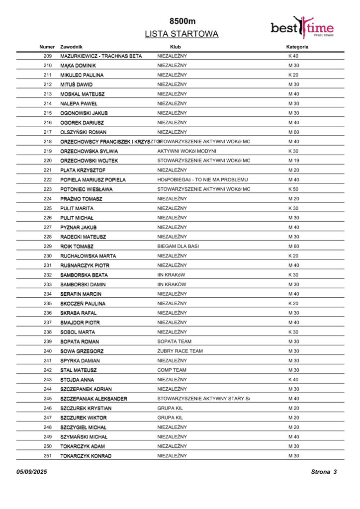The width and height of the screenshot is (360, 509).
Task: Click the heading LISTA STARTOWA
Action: (181, 34)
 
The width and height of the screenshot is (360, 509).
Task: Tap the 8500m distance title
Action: (182, 21)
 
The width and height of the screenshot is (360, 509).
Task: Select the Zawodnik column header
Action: (71, 47)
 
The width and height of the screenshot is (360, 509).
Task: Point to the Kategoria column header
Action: (297, 47)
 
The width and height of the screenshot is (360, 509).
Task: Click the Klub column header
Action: (176, 47)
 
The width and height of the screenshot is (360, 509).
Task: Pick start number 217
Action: (48, 132)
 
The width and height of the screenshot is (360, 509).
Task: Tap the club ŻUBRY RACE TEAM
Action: (180, 351)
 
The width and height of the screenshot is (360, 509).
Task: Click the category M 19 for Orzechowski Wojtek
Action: (293, 161)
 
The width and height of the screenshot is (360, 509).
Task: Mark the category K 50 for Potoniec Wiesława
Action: (293, 189)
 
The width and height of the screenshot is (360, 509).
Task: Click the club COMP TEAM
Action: (172, 370)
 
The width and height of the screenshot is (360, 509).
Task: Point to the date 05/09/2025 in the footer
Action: (31, 472)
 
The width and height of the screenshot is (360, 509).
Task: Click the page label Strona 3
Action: (324, 472)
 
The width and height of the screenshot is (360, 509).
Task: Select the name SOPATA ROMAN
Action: (80, 341)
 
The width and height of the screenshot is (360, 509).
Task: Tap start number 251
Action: (48, 456)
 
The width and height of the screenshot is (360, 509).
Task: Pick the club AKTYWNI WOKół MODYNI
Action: (187, 151)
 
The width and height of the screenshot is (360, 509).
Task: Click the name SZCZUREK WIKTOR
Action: (84, 418)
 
